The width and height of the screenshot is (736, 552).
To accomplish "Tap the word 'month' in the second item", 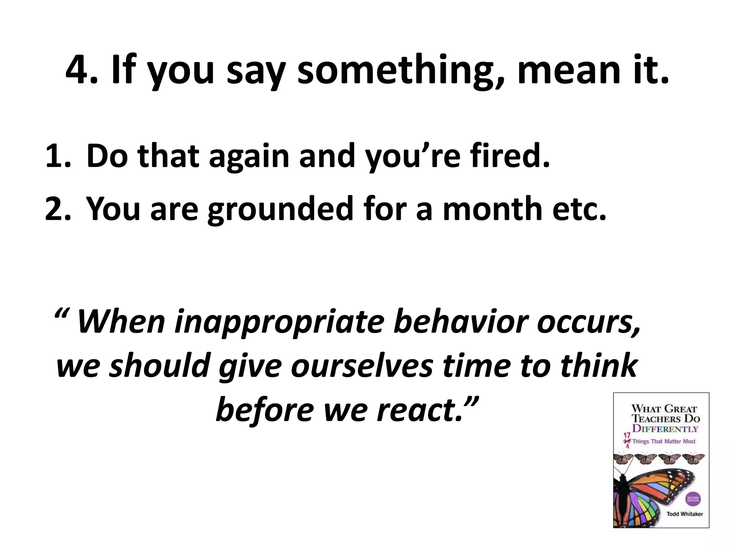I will pos(493,209).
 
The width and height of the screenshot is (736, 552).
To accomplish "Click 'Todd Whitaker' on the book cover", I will pos(685,514).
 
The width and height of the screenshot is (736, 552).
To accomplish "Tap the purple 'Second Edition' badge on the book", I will pos(693,499).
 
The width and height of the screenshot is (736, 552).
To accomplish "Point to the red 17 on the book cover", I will pos(627,436).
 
